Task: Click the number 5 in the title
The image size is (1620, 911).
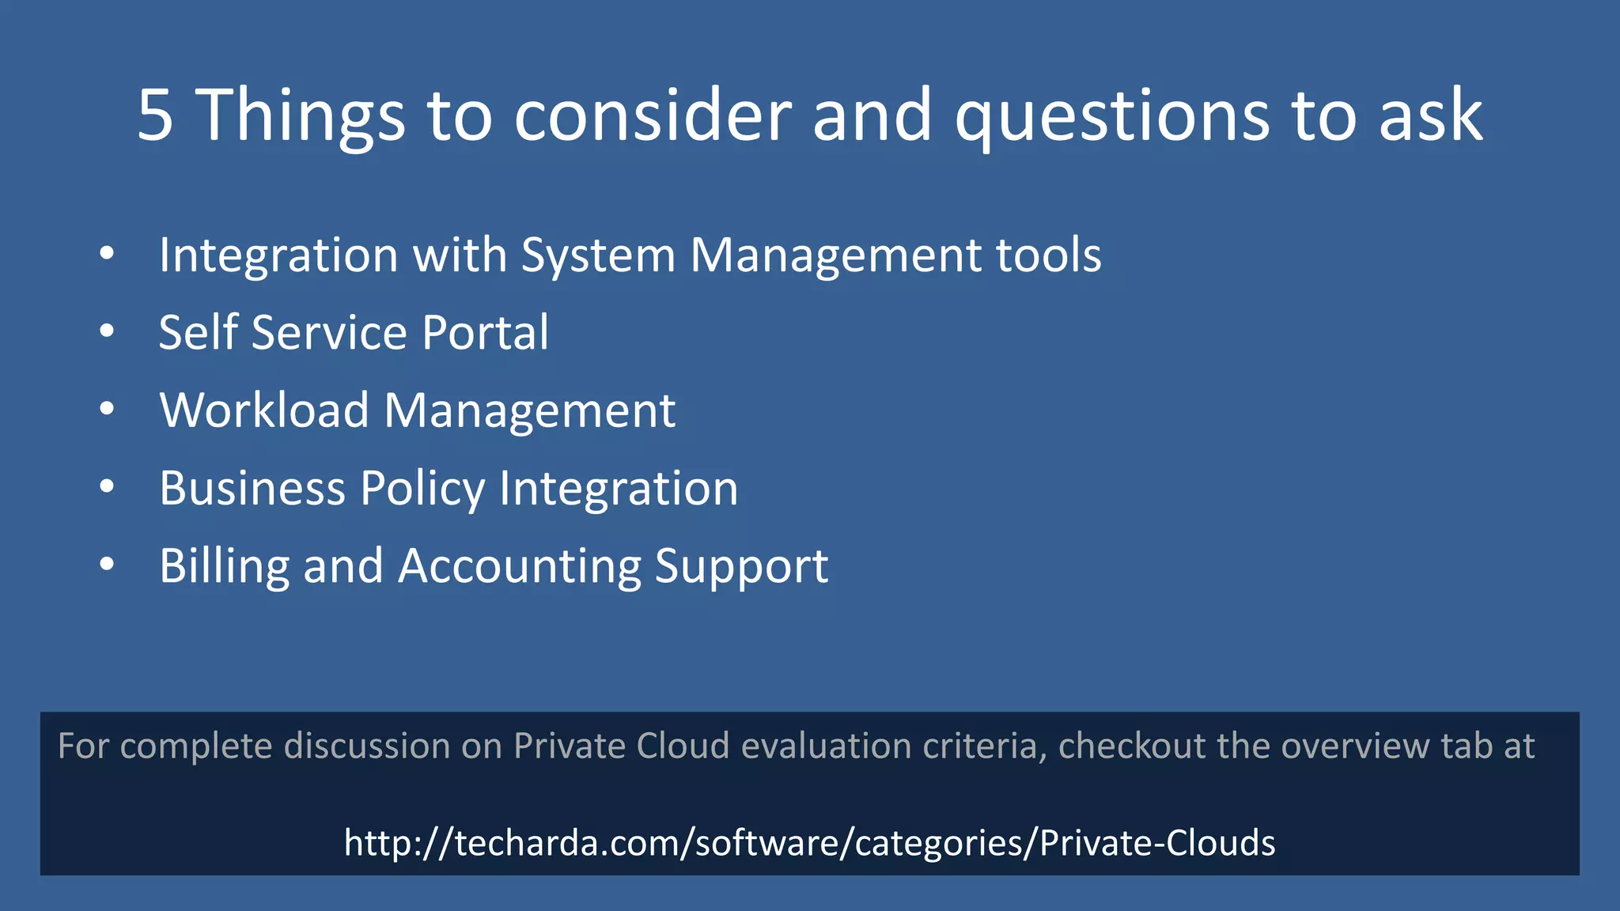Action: pyautogui.click(x=155, y=115)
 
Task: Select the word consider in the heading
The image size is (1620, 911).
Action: pyautogui.click(x=652, y=115)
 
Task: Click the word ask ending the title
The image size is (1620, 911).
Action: pyautogui.click(x=1430, y=115)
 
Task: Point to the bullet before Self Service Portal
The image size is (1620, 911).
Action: pyautogui.click(x=108, y=331)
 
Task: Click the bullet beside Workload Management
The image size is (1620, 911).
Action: pyautogui.click(x=108, y=409)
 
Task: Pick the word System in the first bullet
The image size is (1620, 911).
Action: pyautogui.click(x=597, y=256)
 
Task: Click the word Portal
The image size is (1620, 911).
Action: pyautogui.click(x=485, y=332)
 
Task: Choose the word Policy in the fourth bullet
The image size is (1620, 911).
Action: pyautogui.click(x=422, y=490)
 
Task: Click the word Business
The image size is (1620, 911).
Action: pyautogui.click(x=252, y=488)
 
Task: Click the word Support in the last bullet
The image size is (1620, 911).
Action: pyautogui.click(x=741, y=567)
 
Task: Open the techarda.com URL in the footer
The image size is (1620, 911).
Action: pyautogui.click(x=809, y=843)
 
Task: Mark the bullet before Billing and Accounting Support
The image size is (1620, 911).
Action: pyautogui.click(x=108, y=565)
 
